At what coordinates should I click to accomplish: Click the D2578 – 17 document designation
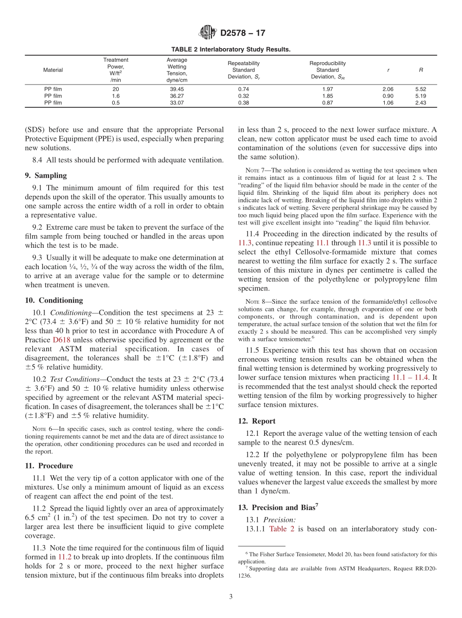coord(243,34)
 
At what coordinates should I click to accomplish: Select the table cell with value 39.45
coord(177,89)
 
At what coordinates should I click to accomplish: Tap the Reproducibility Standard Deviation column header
coord(327,70)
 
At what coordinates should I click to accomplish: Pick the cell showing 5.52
coord(420,89)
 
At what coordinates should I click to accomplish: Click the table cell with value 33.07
coord(177,103)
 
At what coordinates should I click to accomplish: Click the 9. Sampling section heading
coord(46,175)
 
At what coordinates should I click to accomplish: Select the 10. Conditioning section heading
coord(53,300)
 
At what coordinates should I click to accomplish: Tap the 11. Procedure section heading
coord(49,465)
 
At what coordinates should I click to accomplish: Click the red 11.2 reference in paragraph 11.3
coord(65,557)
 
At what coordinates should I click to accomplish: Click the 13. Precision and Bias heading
coord(278,507)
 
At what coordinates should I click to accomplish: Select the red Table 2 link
coord(282,529)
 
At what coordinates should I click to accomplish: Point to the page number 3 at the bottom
coord(231,597)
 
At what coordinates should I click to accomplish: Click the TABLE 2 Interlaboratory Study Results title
coord(231,50)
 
